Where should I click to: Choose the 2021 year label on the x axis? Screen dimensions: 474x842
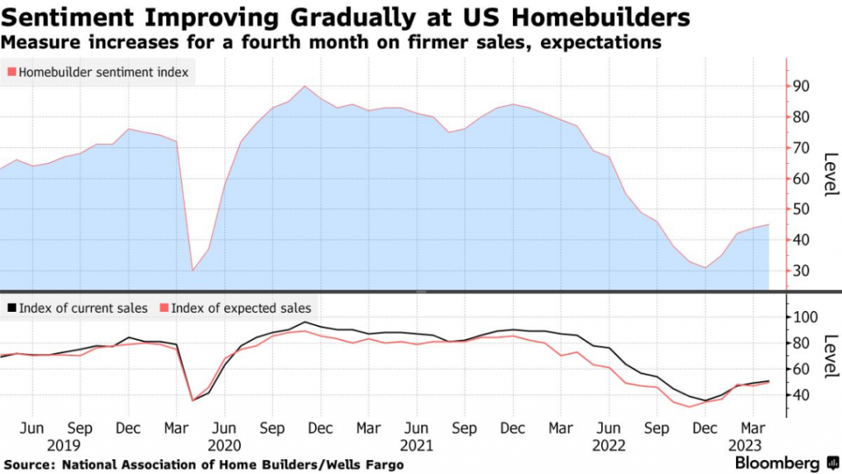(x=416, y=445)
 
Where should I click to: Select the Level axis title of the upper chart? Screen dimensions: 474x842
(x=829, y=174)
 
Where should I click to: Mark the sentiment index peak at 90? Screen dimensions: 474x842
(x=305, y=86)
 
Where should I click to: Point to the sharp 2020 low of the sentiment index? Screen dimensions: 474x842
(x=193, y=271)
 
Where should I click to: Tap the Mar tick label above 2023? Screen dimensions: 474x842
(x=749, y=429)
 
